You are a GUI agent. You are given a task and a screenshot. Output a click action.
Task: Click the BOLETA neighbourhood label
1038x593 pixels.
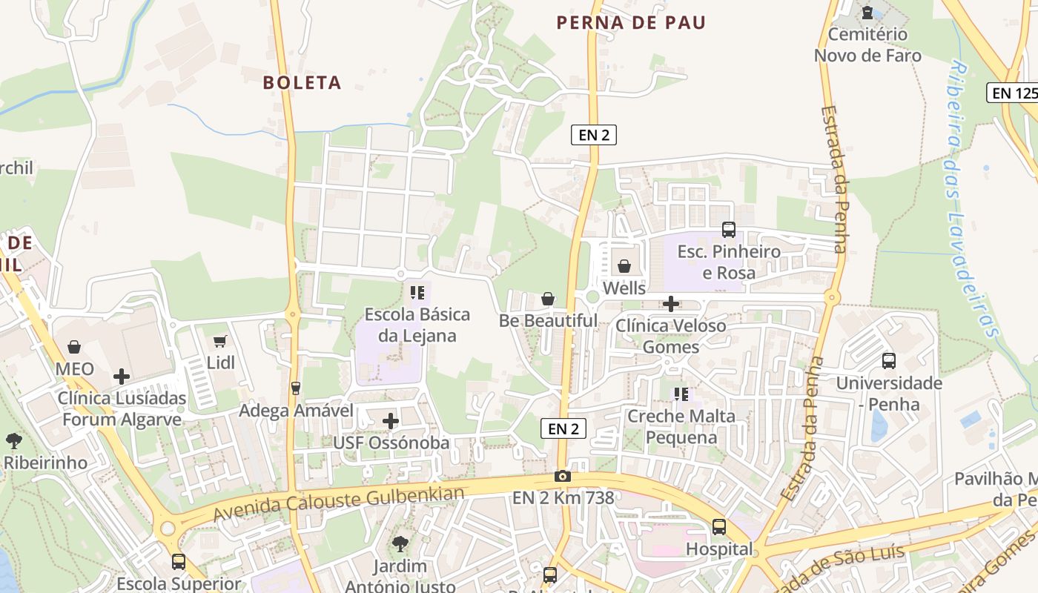[x=302, y=82]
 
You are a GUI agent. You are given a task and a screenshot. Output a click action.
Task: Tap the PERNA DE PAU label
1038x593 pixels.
[x=631, y=22]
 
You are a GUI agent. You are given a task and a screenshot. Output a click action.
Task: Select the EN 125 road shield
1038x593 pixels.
[x=1014, y=93]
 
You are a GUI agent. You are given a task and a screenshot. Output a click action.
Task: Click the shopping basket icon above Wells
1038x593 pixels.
[x=624, y=266]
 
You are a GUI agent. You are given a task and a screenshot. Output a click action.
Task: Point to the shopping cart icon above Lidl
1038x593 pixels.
[x=220, y=341]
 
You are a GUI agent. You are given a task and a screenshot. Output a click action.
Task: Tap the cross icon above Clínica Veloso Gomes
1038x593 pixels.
[x=671, y=304]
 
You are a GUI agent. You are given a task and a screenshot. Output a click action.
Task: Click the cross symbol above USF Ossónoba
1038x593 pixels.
[x=391, y=421]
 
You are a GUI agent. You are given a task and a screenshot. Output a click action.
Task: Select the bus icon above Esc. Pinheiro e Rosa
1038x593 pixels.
[x=729, y=230]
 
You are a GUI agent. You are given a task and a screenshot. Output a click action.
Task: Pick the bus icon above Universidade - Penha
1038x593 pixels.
[x=889, y=361]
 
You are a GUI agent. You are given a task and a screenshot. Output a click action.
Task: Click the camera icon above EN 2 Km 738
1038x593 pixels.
[x=563, y=476]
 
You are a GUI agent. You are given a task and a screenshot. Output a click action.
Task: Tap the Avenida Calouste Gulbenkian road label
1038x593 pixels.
[x=339, y=504]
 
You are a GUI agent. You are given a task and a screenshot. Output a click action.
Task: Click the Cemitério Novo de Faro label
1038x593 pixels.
[x=867, y=44]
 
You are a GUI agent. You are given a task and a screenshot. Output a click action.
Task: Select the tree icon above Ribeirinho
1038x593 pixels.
[x=13, y=441]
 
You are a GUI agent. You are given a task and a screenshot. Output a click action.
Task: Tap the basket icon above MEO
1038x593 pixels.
[x=74, y=347]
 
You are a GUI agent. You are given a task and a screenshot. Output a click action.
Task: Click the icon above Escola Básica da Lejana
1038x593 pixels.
[x=417, y=293]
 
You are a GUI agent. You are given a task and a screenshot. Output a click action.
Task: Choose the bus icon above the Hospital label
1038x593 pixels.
[x=719, y=527]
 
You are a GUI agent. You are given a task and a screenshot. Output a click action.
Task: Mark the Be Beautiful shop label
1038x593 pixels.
[x=548, y=321]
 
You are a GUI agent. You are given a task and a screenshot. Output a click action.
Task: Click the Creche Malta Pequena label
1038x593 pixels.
[x=681, y=426]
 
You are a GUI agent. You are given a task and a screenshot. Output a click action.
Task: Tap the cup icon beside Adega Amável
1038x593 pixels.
[x=296, y=388]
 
